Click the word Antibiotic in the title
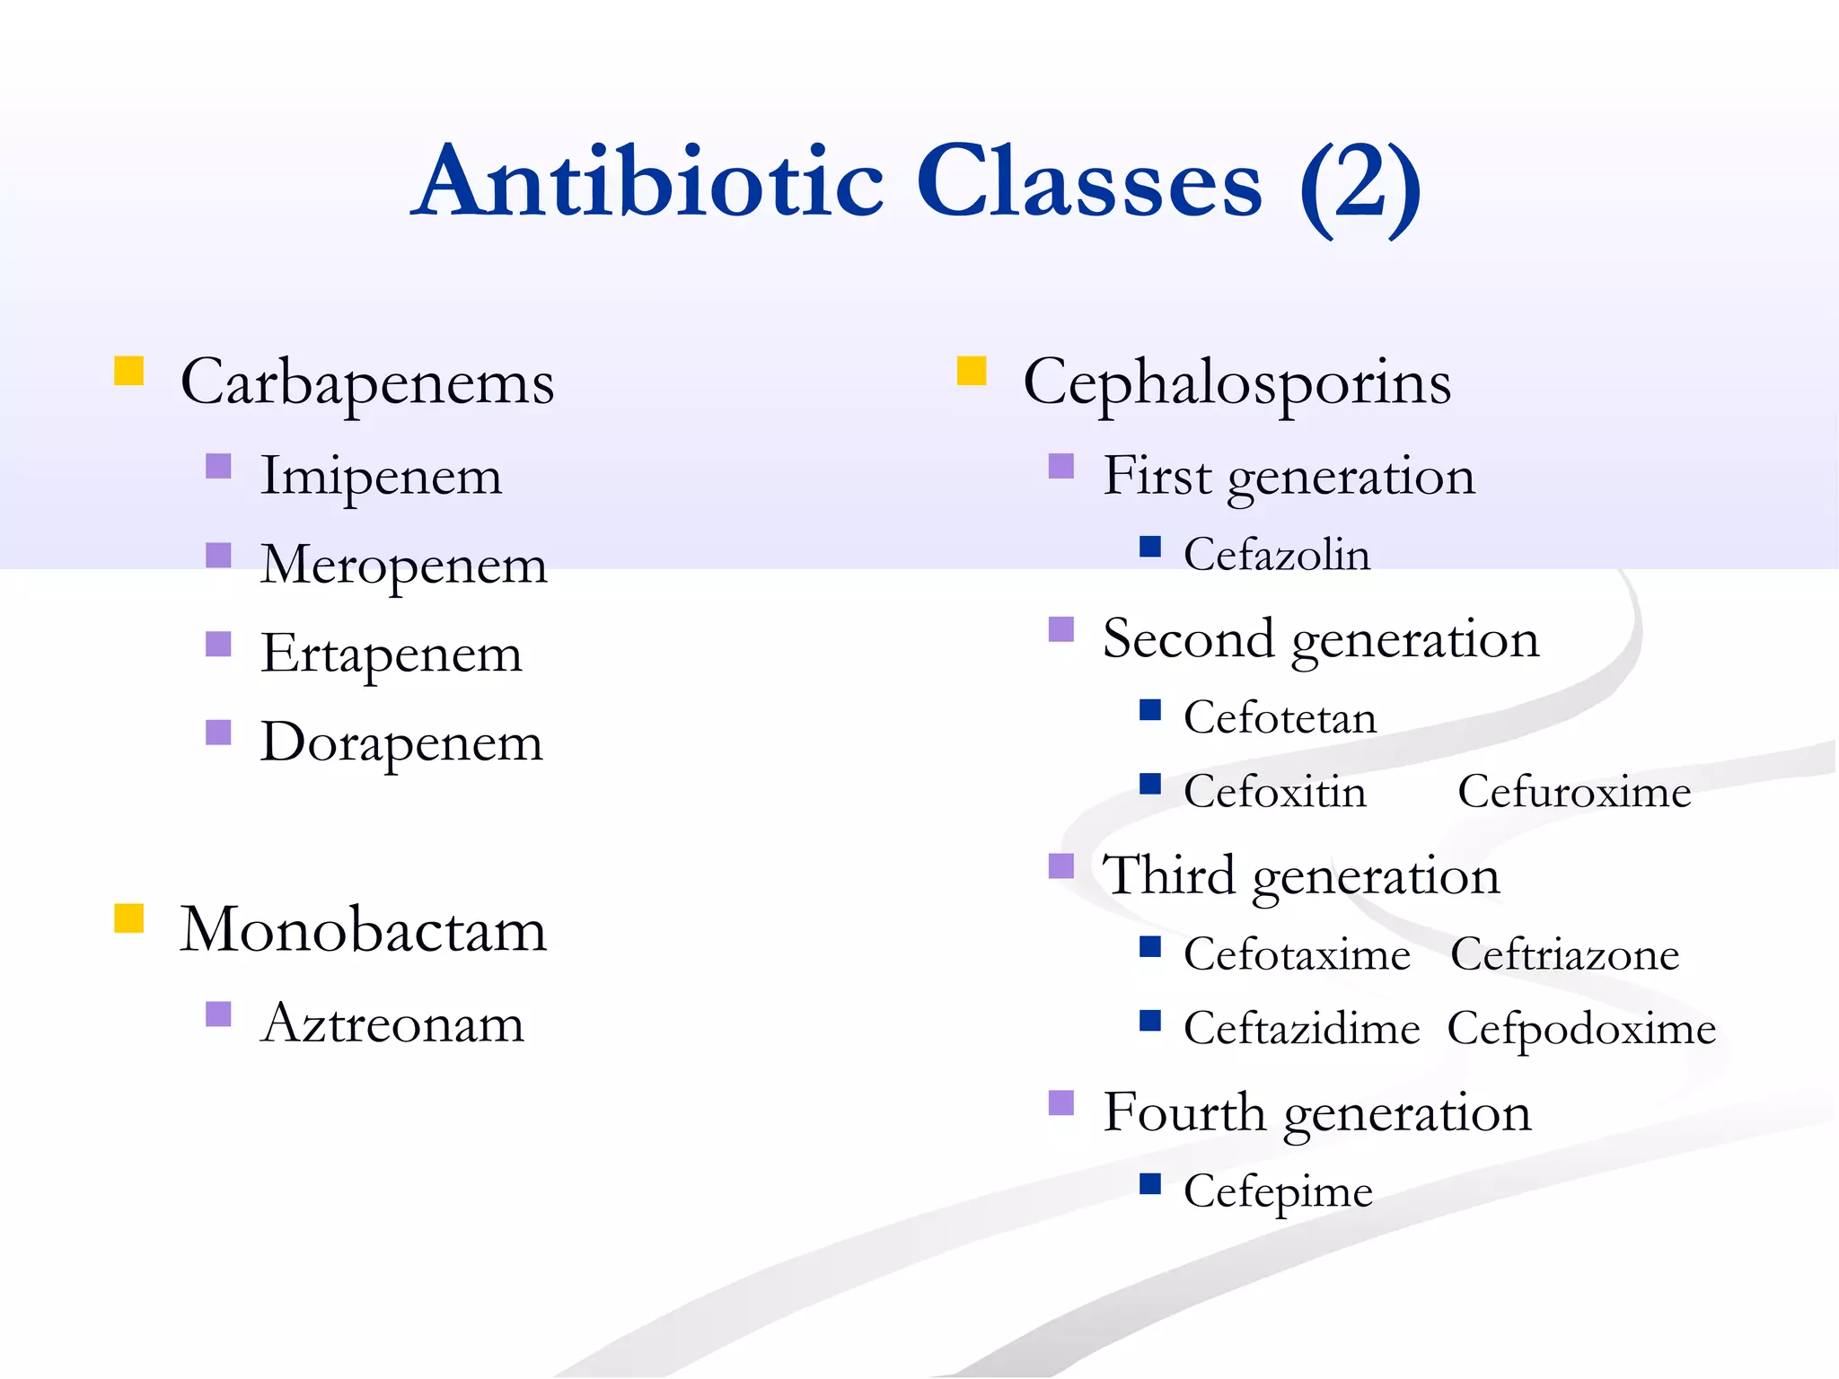(x=651, y=182)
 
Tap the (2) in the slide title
(x=1359, y=186)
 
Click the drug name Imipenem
(x=381, y=477)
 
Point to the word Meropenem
(x=403, y=566)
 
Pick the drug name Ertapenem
(x=391, y=654)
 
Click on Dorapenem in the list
(x=401, y=743)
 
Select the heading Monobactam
(x=363, y=930)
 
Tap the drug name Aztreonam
(x=392, y=1023)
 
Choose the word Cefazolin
(x=1276, y=555)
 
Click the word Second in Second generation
(x=1188, y=639)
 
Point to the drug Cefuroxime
(x=1573, y=792)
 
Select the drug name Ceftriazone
(x=1564, y=954)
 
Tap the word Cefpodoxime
(x=1581, y=1029)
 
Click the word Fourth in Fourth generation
(x=1184, y=1112)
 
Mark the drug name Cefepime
(x=1278, y=1192)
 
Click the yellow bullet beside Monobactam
(x=129, y=918)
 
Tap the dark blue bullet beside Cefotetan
(x=1150, y=710)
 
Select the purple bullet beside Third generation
(x=1061, y=866)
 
